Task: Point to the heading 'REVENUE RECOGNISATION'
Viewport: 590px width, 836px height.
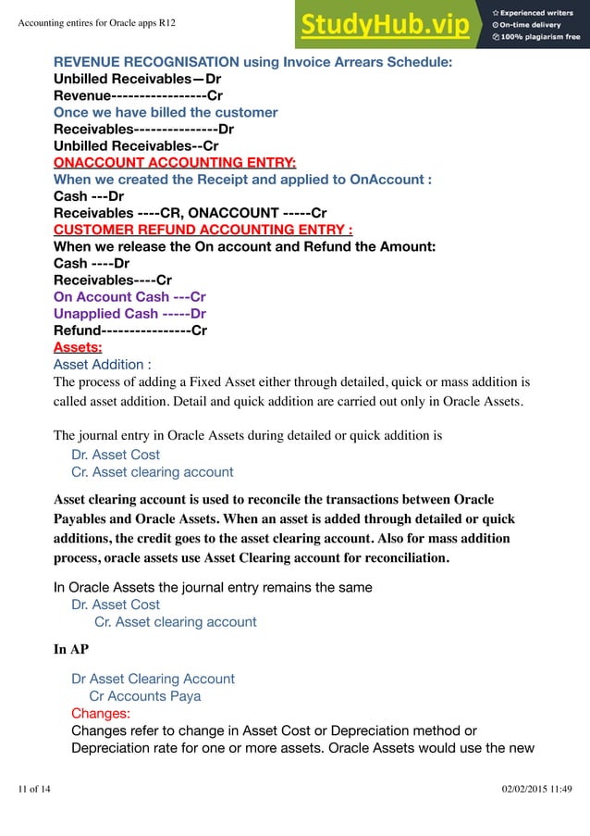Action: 146,63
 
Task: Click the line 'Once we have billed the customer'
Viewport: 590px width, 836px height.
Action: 166,113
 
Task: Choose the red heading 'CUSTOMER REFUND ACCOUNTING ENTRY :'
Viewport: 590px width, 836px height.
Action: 203,230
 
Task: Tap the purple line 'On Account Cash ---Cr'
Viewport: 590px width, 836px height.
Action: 129,297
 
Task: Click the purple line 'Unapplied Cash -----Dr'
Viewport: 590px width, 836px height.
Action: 129,314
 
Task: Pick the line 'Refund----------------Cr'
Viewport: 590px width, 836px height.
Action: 130,331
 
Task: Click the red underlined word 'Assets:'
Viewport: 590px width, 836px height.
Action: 78,348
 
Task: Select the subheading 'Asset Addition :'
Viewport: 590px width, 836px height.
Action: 103,365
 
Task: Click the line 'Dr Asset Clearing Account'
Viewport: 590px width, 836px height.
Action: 153,679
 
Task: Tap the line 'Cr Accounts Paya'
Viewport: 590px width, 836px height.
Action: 144,696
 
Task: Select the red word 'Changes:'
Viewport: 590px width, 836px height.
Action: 101,714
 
